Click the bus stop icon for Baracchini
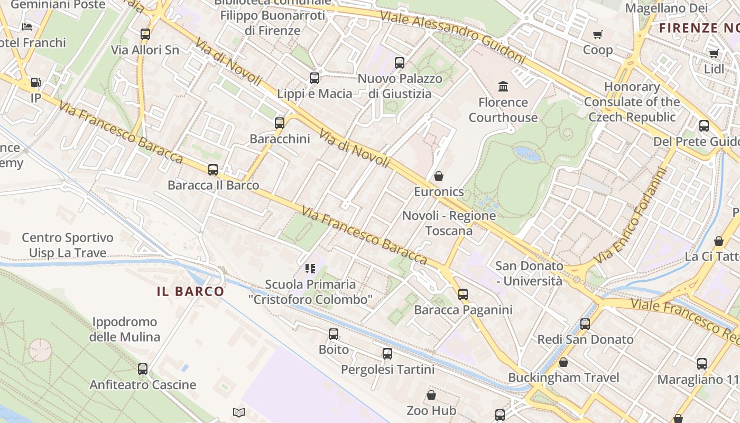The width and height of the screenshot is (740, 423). click(280, 123)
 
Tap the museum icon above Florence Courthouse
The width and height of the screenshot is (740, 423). click(503, 86)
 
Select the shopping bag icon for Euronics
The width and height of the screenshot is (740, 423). click(438, 176)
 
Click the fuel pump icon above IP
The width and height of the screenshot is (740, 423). click(35, 82)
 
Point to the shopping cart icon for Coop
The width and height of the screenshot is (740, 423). click(598, 34)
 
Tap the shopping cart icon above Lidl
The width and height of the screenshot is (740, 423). click(714, 53)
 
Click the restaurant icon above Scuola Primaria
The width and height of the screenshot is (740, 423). click(310, 269)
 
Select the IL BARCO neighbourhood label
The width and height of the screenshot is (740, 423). click(191, 291)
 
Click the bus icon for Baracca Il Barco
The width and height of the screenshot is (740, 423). click(213, 170)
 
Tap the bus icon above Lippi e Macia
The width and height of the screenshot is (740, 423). click(314, 78)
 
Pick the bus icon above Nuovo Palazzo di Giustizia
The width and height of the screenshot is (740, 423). click(400, 63)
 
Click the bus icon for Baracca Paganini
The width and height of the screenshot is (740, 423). click(463, 294)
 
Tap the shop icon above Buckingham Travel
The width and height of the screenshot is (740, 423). click(563, 362)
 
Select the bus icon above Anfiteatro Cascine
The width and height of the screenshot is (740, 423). click(143, 369)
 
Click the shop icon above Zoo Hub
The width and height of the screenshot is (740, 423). click(431, 395)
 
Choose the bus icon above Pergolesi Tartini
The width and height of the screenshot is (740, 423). click(387, 354)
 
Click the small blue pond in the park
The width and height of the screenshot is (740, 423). click(527, 154)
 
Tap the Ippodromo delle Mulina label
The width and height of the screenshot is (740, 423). click(124, 329)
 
